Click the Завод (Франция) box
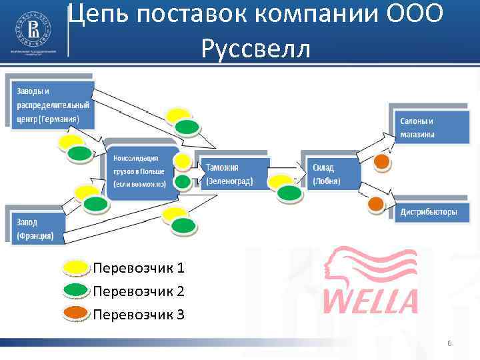[36, 227]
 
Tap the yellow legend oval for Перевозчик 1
[77, 268]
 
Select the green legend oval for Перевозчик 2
[77, 291]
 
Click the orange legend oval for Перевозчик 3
[77, 313]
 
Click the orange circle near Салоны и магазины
[381, 161]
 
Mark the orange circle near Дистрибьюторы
[376, 203]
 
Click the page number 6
[449, 343]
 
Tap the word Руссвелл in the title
[255, 48]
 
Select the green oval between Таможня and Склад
[289, 193]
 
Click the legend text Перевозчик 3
[139, 313]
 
